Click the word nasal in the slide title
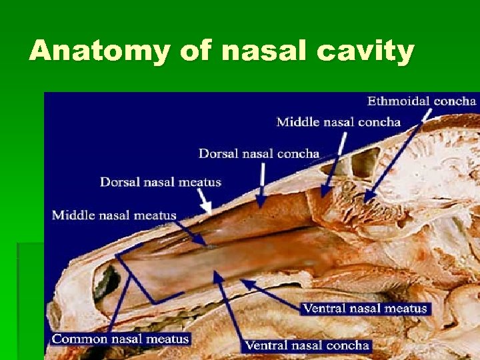coord(253,51)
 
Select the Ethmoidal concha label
coord(421,101)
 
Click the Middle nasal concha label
coord(338,122)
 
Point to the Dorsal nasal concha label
coord(259,153)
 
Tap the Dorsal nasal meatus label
coord(160,181)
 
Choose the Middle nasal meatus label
coord(114,215)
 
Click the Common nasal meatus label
coord(121,339)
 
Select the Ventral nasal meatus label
coord(364,308)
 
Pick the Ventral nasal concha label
coord(307,345)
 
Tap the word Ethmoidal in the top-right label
coord(398,101)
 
